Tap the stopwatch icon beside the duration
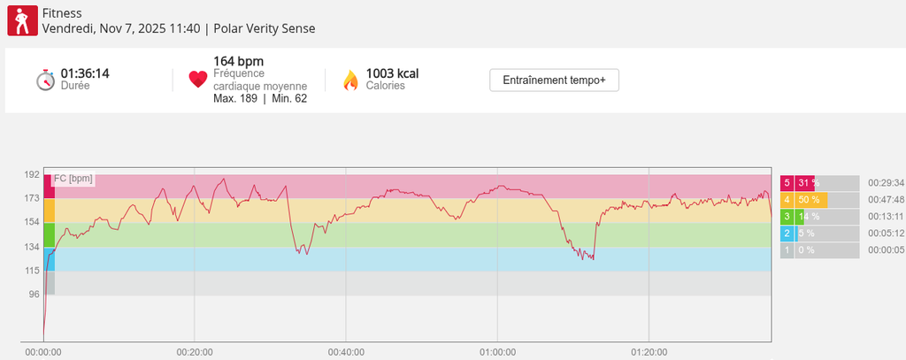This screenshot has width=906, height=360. point(46,80)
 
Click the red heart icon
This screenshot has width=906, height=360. point(198,80)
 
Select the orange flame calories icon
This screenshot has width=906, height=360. point(350,80)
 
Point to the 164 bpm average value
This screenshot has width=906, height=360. point(238,61)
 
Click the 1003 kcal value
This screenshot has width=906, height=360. point(392,73)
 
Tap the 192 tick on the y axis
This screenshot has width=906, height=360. point(32,175)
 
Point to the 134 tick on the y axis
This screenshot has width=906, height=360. point(32,247)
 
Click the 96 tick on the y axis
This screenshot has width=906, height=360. point(34,295)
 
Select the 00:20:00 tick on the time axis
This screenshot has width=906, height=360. point(195,352)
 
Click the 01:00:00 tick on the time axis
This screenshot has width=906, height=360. point(497,352)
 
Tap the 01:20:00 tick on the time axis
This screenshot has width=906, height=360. point(649,352)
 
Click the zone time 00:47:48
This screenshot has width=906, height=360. point(886,200)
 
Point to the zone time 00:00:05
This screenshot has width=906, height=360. point(886,250)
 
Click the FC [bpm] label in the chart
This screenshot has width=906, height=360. point(73,179)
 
